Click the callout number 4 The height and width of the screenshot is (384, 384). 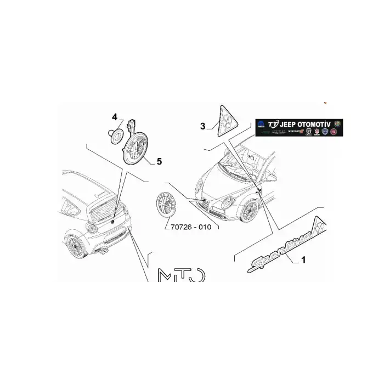[x=115, y=117]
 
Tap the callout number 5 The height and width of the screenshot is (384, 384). [x=159, y=161]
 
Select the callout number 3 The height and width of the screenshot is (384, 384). [x=202, y=126]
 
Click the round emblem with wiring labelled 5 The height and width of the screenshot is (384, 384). [x=134, y=150]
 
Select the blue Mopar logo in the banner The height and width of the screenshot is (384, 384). [x=261, y=126]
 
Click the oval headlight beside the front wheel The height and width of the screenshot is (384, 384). [x=227, y=202]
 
